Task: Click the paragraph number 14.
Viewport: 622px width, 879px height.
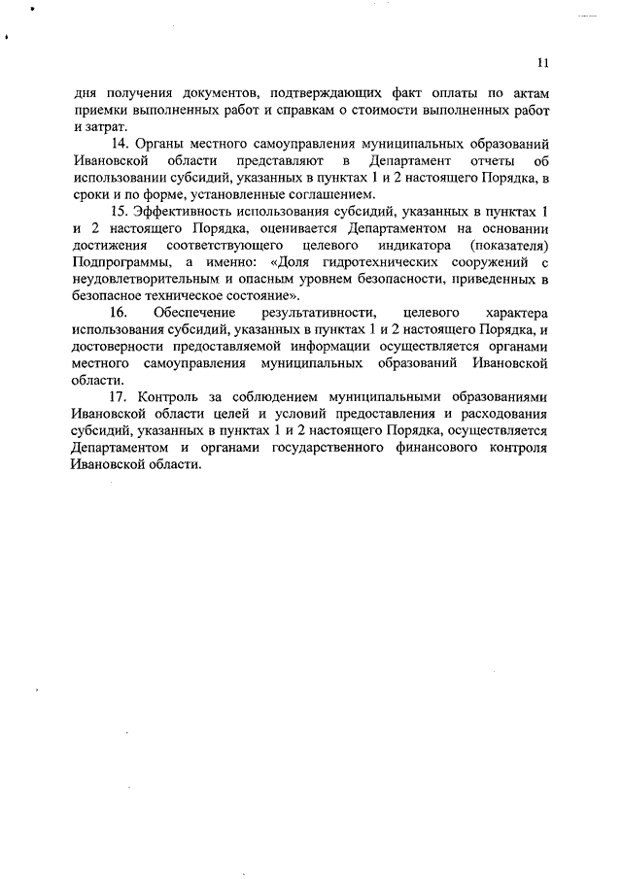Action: (121, 142)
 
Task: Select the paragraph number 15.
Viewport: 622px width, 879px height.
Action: (121, 211)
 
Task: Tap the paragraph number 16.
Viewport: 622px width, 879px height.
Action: (120, 314)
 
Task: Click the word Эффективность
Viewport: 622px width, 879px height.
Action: (184, 211)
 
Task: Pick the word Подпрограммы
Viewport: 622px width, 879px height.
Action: (115, 262)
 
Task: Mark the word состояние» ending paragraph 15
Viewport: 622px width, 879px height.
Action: (266, 296)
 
